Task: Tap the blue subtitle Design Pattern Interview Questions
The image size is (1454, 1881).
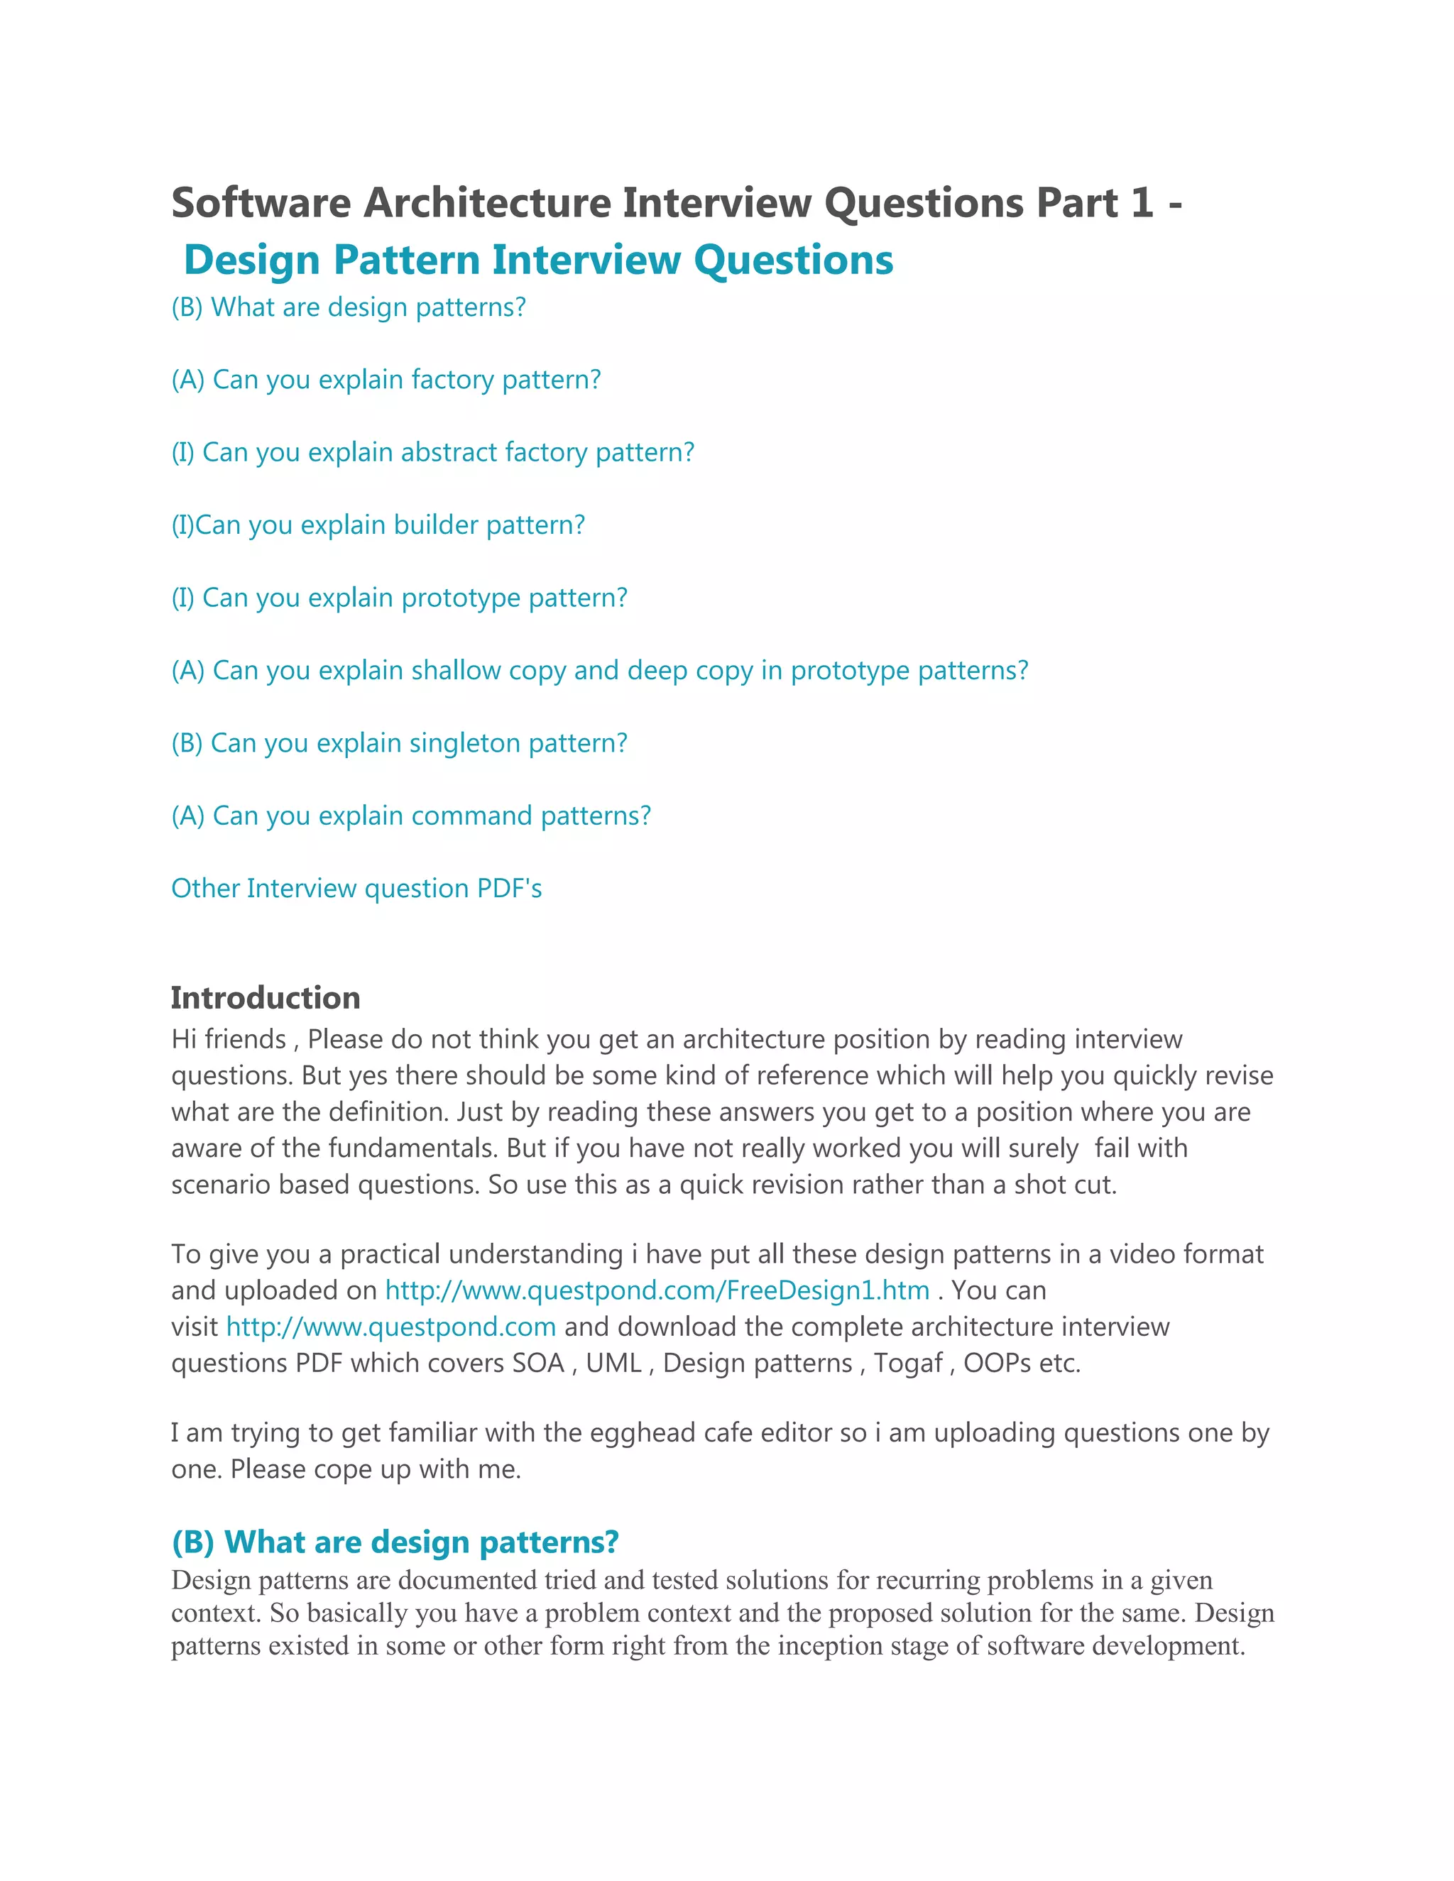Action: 538,260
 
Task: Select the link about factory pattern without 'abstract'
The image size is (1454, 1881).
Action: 386,380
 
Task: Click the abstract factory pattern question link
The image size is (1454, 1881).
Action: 432,452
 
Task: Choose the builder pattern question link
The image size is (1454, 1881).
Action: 378,525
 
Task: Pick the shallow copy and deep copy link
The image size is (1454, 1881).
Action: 599,670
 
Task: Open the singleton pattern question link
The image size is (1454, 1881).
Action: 399,742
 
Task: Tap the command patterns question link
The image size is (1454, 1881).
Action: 411,816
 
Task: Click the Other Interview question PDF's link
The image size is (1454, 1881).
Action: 356,888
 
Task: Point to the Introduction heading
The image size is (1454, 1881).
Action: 266,997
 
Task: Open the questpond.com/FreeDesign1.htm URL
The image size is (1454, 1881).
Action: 657,1290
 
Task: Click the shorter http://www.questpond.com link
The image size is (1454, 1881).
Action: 391,1327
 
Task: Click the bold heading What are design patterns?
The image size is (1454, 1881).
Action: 395,1542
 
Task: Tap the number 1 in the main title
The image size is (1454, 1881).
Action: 1142,203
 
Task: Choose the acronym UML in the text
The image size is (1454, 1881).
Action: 613,1364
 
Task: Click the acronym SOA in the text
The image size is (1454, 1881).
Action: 538,1364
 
